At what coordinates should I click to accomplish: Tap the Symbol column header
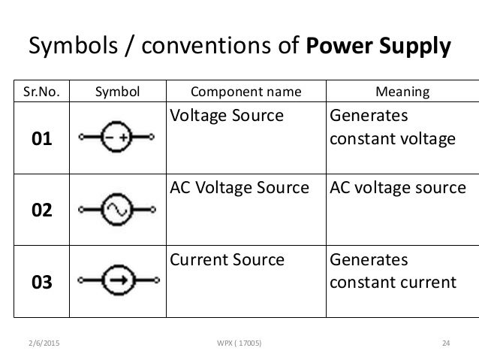117,92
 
